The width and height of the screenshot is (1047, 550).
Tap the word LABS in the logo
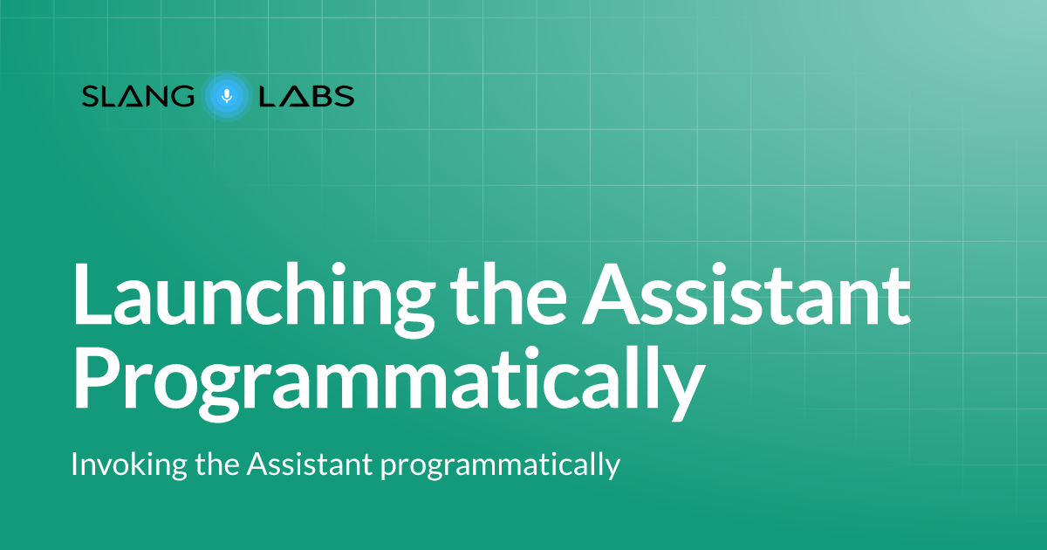(x=306, y=96)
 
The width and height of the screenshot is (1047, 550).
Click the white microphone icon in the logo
(x=227, y=95)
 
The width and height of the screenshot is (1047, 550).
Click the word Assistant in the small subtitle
(x=310, y=464)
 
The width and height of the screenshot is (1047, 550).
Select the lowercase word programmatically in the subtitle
(x=500, y=466)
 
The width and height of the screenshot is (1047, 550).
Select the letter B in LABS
(x=320, y=96)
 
